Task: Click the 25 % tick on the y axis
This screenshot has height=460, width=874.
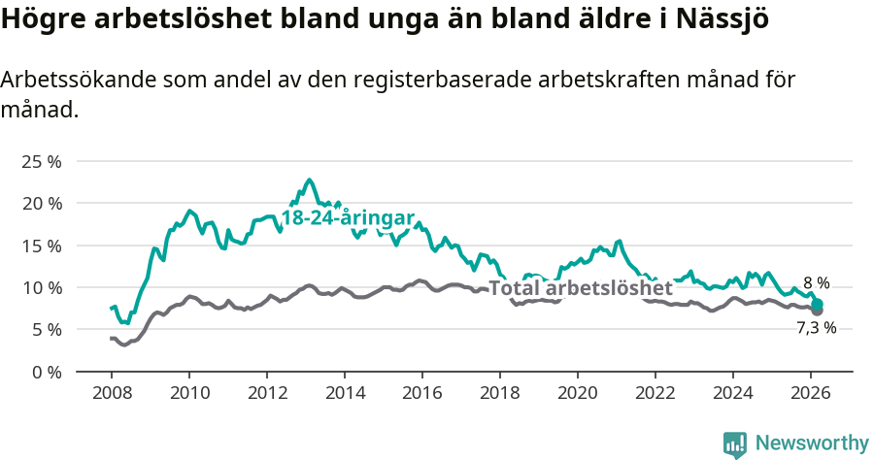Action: (x=41, y=161)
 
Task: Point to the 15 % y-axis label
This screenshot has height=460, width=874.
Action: (x=41, y=246)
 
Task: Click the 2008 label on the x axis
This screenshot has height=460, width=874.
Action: (x=111, y=393)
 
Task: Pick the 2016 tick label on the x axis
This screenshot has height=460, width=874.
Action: (x=422, y=393)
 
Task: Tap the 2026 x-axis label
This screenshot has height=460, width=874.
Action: (x=812, y=393)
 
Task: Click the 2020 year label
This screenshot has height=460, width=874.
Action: (x=578, y=393)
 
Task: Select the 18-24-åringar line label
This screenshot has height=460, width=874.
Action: (x=349, y=217)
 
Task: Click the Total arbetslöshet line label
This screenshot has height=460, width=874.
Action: (x=580, y=288)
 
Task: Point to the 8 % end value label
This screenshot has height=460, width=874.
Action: (x=816, y=283)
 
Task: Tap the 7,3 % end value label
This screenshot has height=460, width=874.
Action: (x=816, y=328)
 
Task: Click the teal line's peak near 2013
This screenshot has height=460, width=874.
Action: (x=310, y=180)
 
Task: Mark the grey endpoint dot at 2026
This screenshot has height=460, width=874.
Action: (x=818, y=311)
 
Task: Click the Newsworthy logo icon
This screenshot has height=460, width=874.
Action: (x=735, y=444)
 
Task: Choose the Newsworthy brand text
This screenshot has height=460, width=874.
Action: (x=812, y=444)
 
